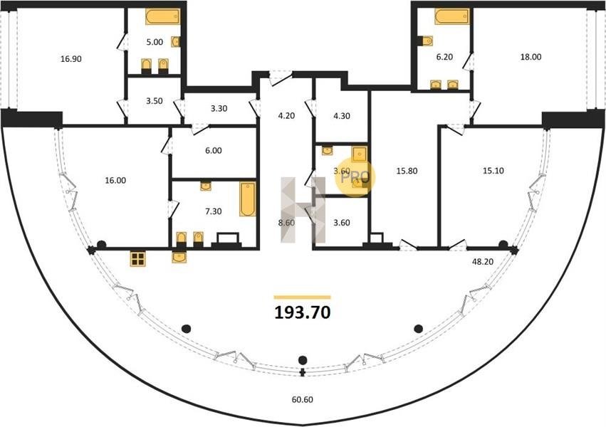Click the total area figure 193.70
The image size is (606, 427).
[x=302, y=312]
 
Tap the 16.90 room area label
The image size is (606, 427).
[x=71, y=59]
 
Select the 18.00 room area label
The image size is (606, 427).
[x=531, y=57]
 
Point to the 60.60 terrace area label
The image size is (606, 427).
[x=302, y=399]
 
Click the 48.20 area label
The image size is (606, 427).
[x=483, y=261]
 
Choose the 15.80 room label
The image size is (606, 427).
[x=407, y=170]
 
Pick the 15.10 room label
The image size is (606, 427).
[x=493, y=170]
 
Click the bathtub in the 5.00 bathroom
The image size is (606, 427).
[x=162, y=16]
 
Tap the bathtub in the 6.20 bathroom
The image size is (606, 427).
[x=451, y=16]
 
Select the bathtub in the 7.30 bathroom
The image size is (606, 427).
[x=247, y=199]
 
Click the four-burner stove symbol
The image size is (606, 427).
[x=137, y=259]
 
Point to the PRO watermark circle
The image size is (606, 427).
[x=355, y=178]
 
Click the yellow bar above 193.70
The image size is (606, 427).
[x=302, y=297]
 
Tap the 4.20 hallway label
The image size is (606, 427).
[x=286, y=115]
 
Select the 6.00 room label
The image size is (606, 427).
[x=214, y=151]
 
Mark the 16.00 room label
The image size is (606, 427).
[x=115, y=180]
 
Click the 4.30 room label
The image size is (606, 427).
[x=342, y=115]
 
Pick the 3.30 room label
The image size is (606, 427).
[x=219, y=108]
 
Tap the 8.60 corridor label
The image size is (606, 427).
[x=286, y=223]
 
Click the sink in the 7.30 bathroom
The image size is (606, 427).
[x=206, y=186]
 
